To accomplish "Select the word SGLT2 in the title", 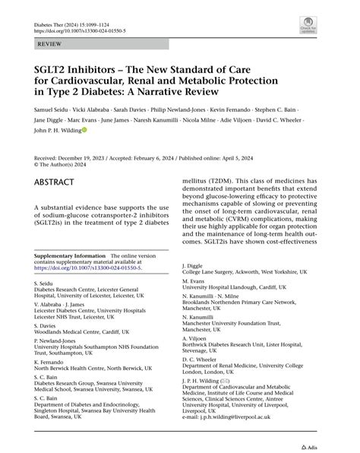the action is pos(51,65).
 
